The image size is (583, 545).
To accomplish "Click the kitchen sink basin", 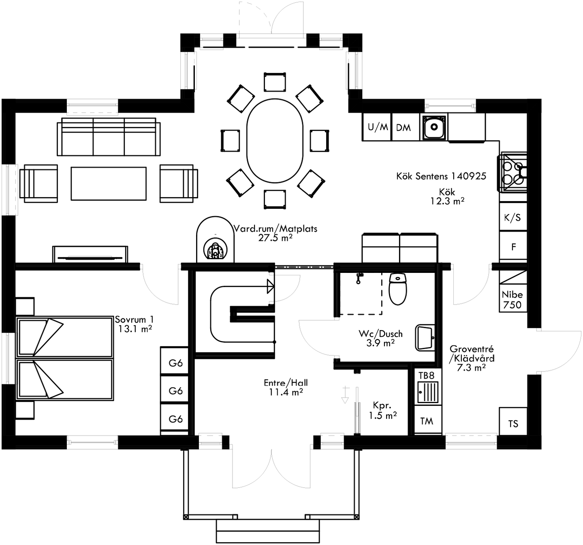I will pos(434,127).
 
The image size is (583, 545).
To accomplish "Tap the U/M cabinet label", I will pos(378,127).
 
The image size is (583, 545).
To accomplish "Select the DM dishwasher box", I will pos(404,128).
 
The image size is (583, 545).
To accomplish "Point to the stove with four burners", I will pos(513,172).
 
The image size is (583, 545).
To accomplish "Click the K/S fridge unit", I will pos(513,218).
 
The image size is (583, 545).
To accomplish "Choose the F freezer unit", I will pos(513,247).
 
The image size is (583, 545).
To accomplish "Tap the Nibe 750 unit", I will pos(513,300).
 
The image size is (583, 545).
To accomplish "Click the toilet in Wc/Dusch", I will pos(397,289).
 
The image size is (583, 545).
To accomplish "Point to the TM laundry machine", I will pos(427,421).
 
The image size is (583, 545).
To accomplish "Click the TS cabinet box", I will pos(513,423).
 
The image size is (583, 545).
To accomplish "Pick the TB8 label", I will pos(426,375).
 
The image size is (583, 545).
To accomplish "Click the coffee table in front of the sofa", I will pos(109,184).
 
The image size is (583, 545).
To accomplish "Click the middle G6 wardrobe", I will pos(175,391).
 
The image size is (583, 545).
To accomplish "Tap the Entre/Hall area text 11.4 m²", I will pos(286,392).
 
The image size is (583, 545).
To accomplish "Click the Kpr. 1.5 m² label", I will pos(382,410).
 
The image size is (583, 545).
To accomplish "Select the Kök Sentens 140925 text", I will pos(441,176).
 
